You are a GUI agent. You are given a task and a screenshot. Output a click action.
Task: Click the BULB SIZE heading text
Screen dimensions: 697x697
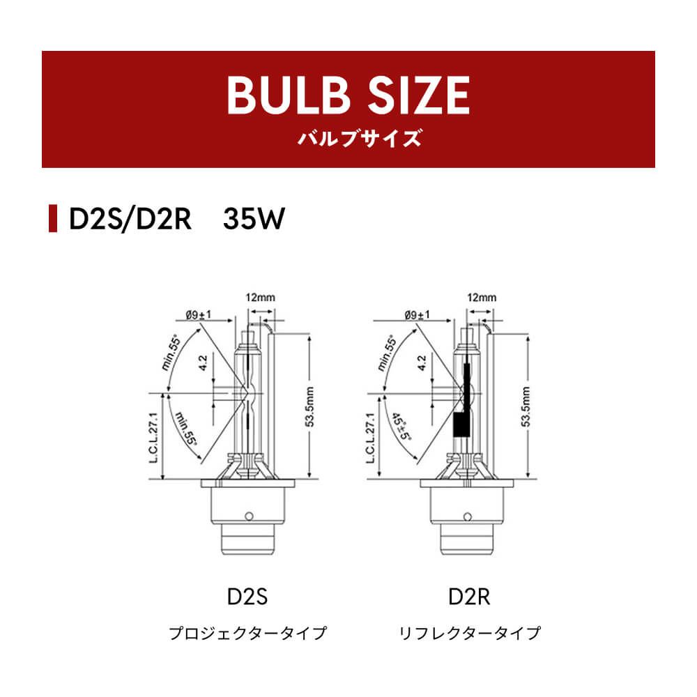tap(348, 95)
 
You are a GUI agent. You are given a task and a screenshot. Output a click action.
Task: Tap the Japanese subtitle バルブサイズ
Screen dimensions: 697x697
tap(359, 138)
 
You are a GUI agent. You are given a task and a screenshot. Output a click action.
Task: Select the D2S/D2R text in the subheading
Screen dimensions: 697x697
tap(130, 219)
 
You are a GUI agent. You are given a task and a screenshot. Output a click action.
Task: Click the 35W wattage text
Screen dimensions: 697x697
tap(254, 219)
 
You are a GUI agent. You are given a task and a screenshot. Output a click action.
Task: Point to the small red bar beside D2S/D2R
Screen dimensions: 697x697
tap(53, 218)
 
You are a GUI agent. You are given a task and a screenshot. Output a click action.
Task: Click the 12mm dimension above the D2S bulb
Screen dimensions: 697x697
tap(261, 298)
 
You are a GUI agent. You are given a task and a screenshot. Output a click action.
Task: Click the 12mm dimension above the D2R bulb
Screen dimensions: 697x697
tap(482, 298)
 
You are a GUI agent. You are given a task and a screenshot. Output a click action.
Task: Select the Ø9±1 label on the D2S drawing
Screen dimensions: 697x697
tap(199, 315)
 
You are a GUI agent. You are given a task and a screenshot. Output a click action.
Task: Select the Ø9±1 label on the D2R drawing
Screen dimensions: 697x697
tap(418, 315)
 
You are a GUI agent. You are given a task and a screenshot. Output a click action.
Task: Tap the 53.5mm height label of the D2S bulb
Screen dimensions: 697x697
tap(310, 407)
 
